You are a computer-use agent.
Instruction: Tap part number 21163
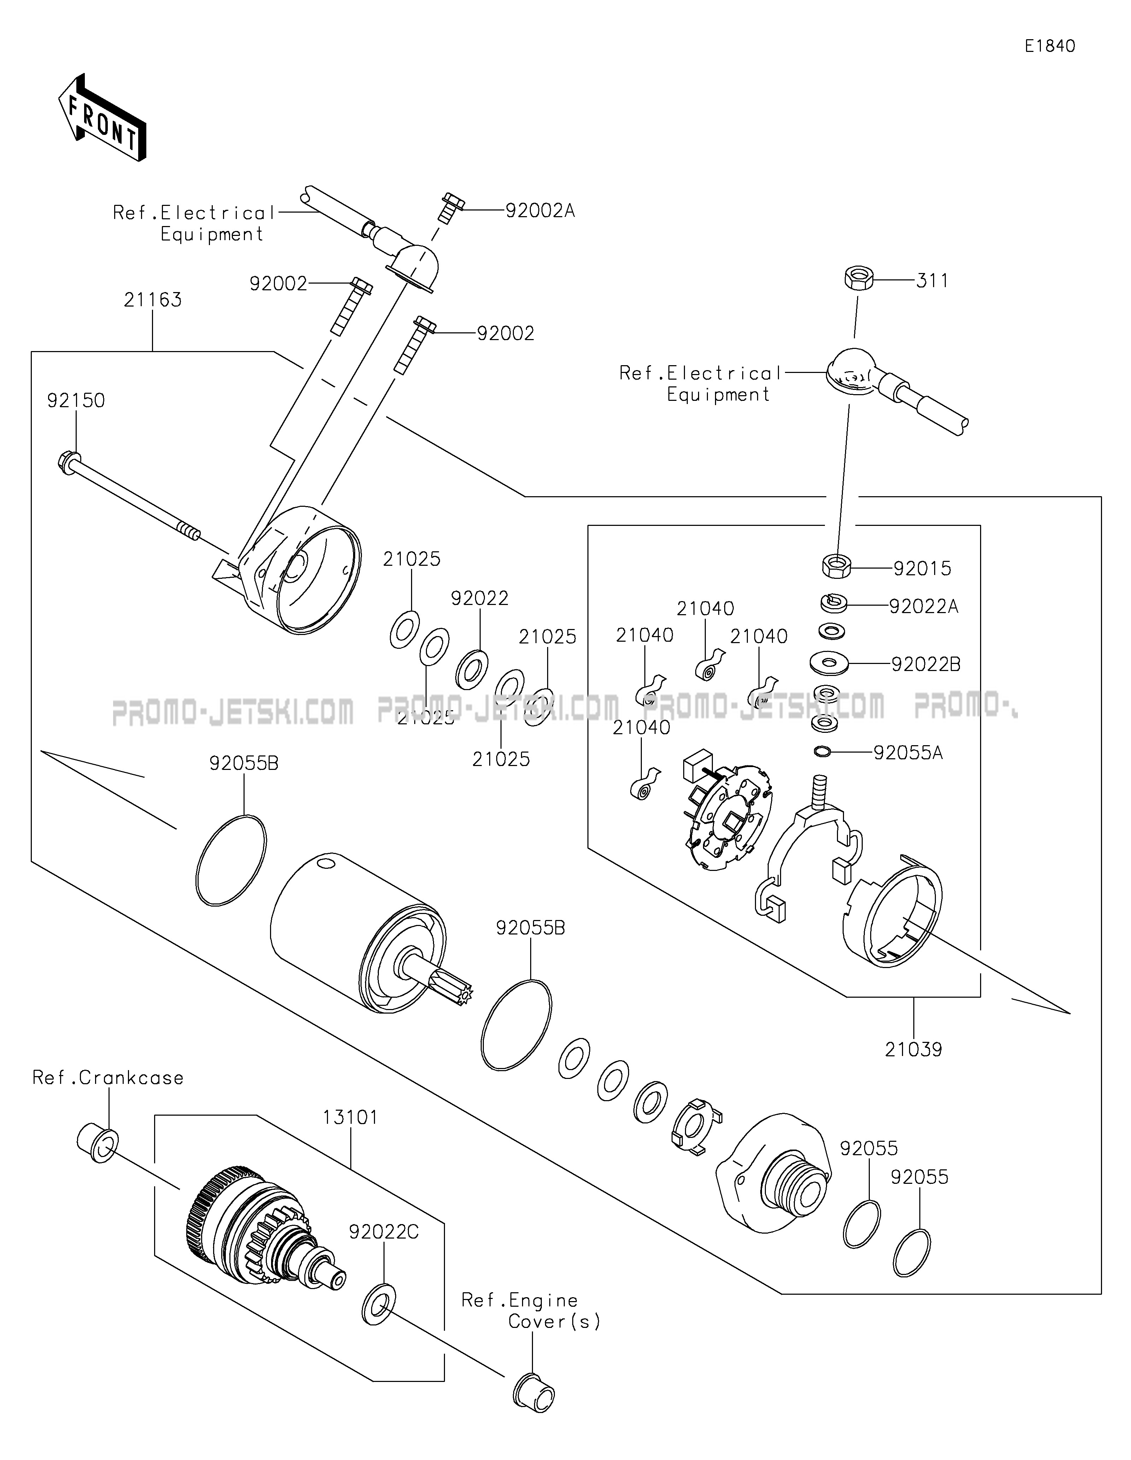coord(152,299)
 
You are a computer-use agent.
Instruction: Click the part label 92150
coord(76,400)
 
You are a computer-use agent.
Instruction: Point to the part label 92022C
coord(384,1232)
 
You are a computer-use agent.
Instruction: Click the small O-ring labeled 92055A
coord(822,753)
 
